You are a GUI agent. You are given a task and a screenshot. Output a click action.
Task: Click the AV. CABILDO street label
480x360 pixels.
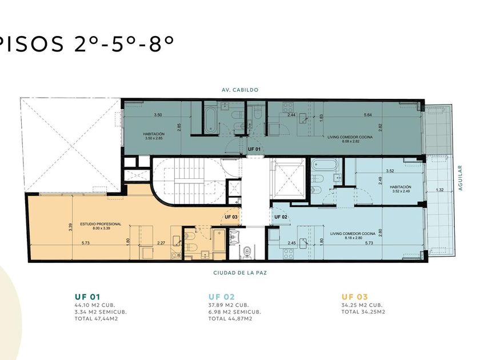[240, 90]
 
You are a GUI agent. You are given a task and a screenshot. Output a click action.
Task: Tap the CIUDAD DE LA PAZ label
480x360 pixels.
[240, 273]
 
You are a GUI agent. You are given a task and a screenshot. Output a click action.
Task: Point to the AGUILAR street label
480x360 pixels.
[460, 178]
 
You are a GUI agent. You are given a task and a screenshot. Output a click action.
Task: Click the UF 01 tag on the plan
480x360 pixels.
[254, 149]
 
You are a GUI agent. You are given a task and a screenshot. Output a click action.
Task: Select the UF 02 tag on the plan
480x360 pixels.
[281, 217]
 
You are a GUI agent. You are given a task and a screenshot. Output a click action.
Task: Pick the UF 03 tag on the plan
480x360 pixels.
[231, 217]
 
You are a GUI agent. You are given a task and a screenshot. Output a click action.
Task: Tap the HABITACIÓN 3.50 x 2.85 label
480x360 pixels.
[154, 136]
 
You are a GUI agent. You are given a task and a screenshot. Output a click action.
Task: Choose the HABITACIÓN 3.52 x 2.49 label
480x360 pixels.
[401, 189]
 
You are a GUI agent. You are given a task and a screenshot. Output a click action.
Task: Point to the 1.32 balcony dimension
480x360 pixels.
[439, 190]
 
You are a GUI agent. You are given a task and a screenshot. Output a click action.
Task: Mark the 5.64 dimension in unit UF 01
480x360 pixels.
[368, 115]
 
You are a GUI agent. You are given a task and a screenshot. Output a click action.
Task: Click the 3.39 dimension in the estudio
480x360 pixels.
[70, 227]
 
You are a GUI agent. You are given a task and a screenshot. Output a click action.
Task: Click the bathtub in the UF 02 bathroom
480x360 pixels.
[325, 165]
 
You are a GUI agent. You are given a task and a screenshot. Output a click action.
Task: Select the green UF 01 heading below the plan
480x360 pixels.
[87, 297]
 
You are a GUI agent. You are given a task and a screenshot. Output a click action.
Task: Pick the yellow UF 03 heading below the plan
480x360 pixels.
[354, 297]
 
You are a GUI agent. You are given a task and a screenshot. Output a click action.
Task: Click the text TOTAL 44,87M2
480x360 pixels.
[230, 319]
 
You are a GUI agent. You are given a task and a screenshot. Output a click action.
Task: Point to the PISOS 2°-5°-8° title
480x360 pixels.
[86, 43]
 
